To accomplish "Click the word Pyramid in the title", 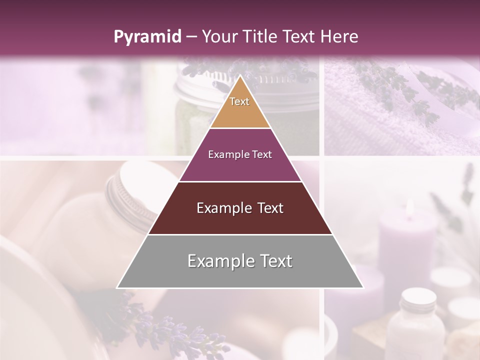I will click(147, 37).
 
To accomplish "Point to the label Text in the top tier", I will click(239, 101).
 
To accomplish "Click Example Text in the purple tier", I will click(240, 154).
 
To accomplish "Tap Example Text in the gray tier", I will click(240, 261).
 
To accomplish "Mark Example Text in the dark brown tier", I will click(240, 208).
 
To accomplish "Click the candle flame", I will click(410, 207).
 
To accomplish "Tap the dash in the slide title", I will click(191, 37).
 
